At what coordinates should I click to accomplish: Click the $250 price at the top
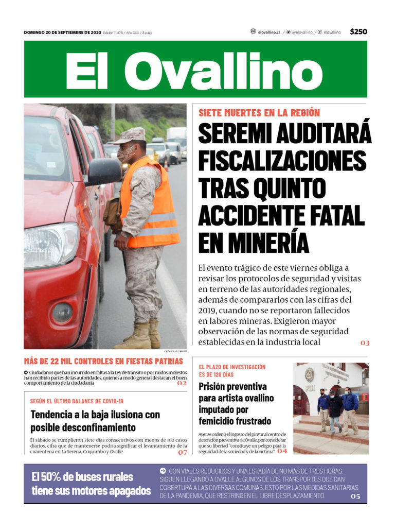pyautogui.click(x=358, y=32)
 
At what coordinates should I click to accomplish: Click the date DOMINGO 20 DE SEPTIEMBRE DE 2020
pyautogui.click(x=62, y=32)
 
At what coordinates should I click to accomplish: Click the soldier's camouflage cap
pyautogui.click(x=131, y=135)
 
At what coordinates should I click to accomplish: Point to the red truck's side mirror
pyautogui.click(x=103, y=171)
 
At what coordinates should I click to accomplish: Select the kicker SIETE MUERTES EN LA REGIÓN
pyautogui.click(x=259, y=113)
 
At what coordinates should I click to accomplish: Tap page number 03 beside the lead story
pyautogui.click(x=365, y=342)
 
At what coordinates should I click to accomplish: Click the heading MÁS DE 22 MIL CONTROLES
pyautogui.click(x=103, y=361)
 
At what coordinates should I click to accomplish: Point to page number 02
pyautogui.click(x=182, y=383)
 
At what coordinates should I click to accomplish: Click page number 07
pyautogui.click(x=183, y=452)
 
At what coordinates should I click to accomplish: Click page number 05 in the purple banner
pyautogui.click(x=355, y=496)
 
